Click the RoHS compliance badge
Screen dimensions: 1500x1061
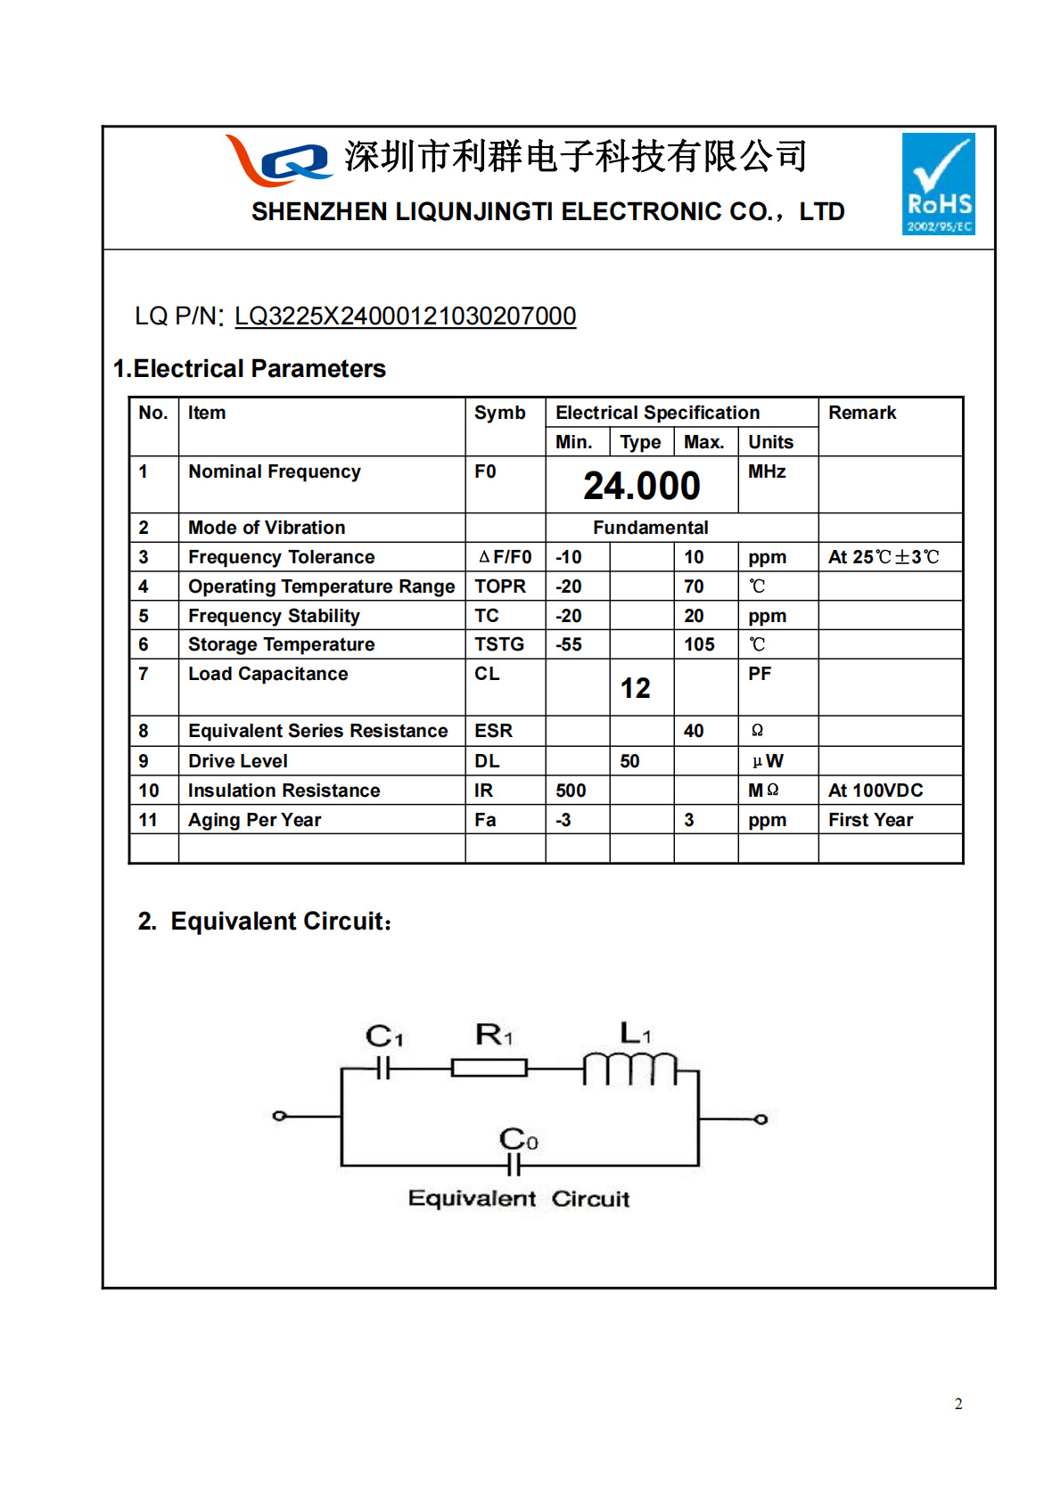point(938,184)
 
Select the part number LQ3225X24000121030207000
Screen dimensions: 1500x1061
point(405,316)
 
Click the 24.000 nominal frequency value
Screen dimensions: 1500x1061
point(641,486)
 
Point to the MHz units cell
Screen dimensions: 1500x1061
point(767,471)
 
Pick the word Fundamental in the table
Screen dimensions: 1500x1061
point(650,528)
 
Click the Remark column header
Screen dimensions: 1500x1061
point(861,413)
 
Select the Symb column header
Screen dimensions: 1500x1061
point(499,413)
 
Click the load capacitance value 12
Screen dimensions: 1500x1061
point(635,688)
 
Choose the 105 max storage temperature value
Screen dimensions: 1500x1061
point(699,644)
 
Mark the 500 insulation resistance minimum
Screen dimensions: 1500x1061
point(571,791)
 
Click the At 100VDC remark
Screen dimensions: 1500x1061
point(875,791)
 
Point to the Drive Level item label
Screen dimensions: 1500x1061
point(237,761)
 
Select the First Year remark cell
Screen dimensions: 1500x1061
point(870,820)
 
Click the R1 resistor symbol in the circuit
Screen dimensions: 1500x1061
point(489,1067)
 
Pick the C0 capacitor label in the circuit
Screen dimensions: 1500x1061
point(518,1139)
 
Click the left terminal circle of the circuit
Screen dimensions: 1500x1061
point(279,1116)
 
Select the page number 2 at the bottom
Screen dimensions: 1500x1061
point(958,1404)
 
